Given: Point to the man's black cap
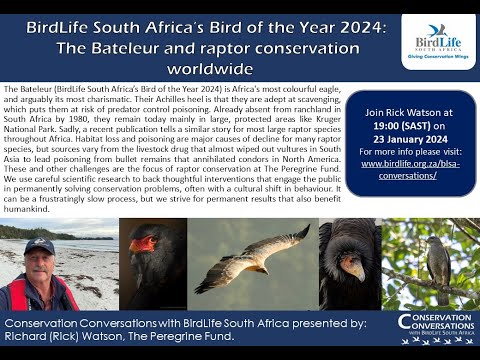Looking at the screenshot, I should click(39, 246).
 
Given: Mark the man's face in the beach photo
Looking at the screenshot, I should click(40, 263).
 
